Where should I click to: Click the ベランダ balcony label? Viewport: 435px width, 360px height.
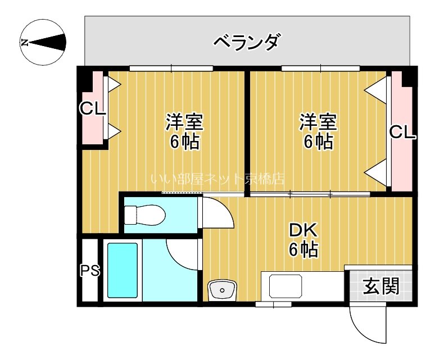247,42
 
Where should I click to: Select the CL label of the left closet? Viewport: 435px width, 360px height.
92,108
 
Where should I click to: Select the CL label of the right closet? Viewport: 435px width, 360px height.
402,133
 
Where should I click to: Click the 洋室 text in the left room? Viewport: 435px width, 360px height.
184,122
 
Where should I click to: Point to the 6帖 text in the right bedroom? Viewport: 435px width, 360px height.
318,141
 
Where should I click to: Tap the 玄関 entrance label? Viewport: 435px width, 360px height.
380,286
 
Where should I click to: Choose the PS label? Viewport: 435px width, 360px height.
89,271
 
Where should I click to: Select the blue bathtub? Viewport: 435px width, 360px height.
122,270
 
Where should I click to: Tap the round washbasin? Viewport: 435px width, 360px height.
223,290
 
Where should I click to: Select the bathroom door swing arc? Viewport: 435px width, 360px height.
184,254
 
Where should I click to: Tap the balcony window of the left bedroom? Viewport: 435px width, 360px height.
171,69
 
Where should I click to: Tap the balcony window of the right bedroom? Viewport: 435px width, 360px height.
320,69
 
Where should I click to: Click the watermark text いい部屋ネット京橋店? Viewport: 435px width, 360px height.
217,179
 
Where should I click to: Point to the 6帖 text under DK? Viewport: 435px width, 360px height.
303,249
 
